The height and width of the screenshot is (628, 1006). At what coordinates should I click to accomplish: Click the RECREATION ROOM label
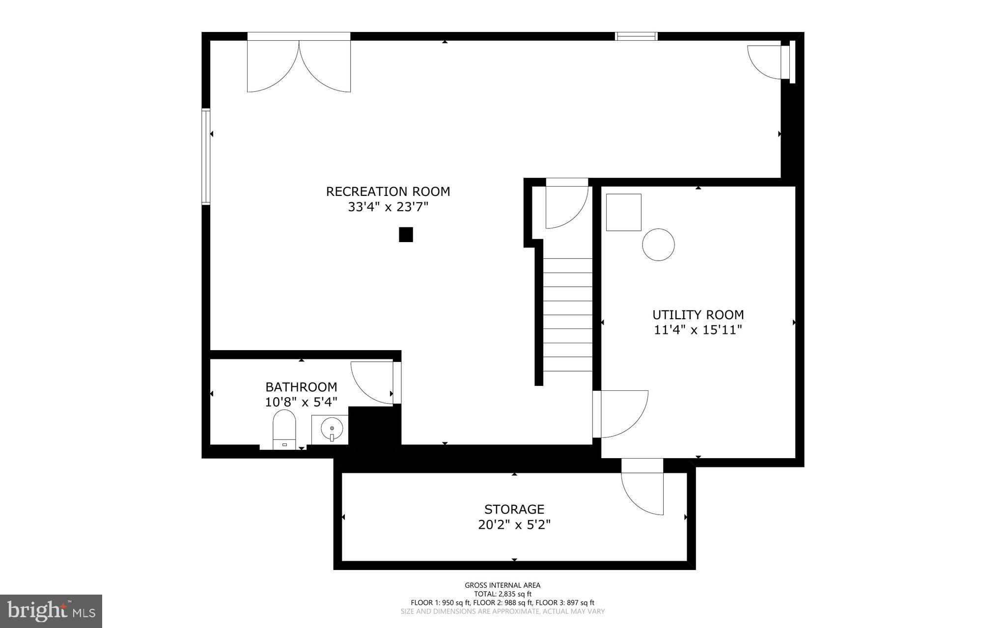(x=388, y=191)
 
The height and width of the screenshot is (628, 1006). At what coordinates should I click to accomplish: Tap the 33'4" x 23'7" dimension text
(x=388, y=207)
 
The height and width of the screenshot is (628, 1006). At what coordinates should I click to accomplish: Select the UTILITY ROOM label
(x=698, y=315)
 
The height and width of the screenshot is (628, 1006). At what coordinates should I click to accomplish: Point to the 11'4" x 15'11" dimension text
(x=698, y=330)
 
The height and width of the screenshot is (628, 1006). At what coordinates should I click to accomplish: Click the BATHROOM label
(x=301, y=387)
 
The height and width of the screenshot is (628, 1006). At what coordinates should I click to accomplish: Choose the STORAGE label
(x=514, y=509)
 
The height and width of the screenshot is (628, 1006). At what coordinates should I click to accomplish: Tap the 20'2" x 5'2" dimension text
(x=514, y=525)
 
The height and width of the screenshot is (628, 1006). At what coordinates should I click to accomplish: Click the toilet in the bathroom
(x=284, y=430)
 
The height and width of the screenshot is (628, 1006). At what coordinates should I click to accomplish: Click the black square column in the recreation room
(x=406, y=235)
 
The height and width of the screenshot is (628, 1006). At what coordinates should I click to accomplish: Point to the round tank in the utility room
(x=658, y=245)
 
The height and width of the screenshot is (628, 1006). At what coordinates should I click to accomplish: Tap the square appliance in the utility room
(x=623, y=212)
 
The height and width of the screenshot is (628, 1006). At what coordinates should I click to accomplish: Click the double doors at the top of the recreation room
(x=299, y=64)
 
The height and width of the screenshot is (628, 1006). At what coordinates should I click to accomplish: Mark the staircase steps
(x=568, y=314)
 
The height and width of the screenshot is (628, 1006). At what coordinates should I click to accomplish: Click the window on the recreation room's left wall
(x=206, y=156)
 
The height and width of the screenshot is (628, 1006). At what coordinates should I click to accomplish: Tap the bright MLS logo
(x=51, y=611)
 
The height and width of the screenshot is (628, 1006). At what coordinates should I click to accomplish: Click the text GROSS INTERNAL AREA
(x=503, y=585)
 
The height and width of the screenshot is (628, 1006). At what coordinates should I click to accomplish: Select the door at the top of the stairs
(x=566, y=206)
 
